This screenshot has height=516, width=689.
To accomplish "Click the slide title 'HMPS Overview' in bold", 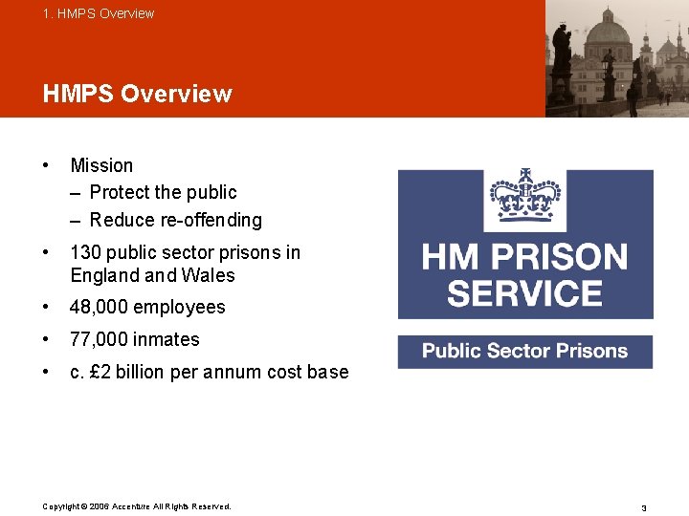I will [x=137, y=94].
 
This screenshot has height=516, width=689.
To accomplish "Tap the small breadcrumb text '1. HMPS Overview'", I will [x=98, y=13].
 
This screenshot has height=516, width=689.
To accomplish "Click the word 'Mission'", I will [x=101, y=165].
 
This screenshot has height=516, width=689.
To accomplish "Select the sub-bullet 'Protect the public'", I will [x=163, y=192].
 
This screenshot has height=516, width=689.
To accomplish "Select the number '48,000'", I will [x=100, y=307].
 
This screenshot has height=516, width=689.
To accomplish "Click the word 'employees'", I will [x=180, y=307].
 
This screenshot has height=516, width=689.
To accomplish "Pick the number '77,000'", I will [x=100, y=339].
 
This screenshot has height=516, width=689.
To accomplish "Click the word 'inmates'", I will [x=167, y=339].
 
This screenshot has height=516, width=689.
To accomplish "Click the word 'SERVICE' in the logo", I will [x=524, y=292].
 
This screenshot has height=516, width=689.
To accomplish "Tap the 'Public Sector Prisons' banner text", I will [x=524, y=351].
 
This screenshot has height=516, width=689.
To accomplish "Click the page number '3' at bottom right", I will [x=644, y=507].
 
